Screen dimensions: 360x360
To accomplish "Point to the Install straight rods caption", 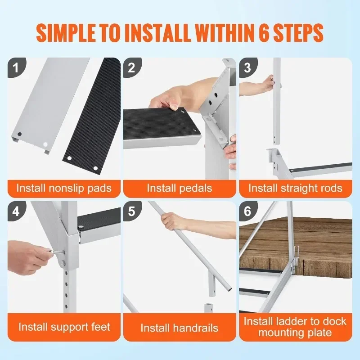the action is point(295,188).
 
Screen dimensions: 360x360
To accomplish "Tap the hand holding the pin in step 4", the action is point(34,256).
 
